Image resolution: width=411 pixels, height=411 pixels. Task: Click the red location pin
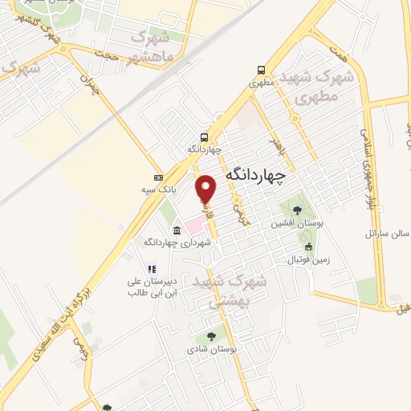207,188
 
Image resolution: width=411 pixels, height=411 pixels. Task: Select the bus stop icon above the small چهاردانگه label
205,136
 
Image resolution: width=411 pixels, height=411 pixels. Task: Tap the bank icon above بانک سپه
158,177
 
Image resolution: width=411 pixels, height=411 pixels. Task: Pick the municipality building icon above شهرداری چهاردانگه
177,230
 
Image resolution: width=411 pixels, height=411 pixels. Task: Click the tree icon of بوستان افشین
297,210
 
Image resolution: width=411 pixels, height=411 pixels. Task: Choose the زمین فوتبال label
308,259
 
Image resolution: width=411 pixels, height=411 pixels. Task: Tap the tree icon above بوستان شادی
211,337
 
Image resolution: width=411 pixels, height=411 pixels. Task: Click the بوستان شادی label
211,350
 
